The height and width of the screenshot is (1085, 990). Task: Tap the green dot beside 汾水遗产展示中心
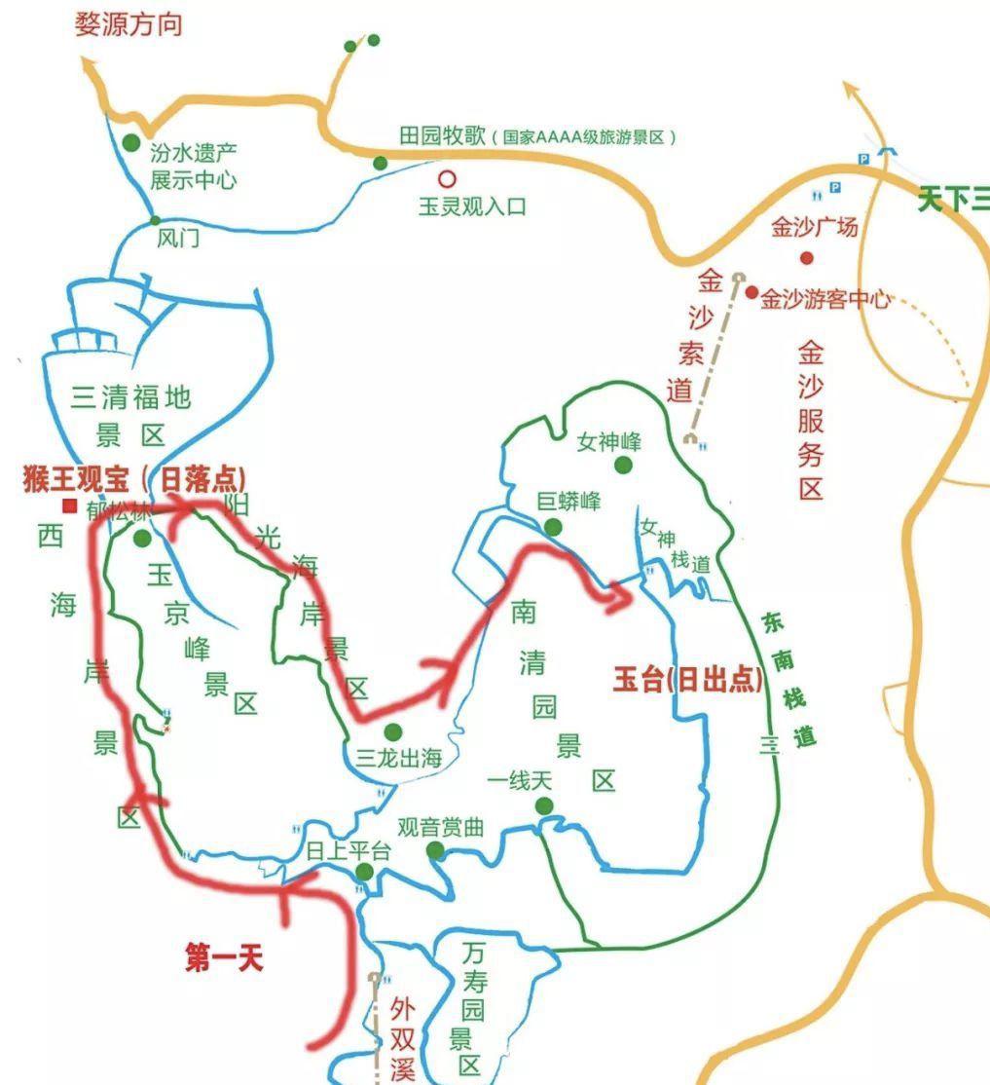point(131,143)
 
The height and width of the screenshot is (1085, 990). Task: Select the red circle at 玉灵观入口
point(447,178)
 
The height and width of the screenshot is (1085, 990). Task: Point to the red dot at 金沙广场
point(806,258)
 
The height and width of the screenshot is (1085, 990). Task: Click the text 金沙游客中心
point(825,299)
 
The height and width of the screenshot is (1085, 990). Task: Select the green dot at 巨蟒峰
point(553,527)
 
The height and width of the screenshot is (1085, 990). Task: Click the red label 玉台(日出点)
point(688,679)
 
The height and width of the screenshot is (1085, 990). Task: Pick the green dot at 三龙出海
point(393,731)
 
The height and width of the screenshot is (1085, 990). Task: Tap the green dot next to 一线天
point(544,805)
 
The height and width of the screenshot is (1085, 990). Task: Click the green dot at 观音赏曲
point(435,851)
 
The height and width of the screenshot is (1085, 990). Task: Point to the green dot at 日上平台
point(363,872)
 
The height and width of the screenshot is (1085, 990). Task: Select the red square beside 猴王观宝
point(69,505)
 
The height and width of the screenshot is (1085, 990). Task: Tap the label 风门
point(177,238)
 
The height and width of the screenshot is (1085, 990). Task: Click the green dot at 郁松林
point(142,538)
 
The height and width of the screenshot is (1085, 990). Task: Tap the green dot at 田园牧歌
point(380,163)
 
